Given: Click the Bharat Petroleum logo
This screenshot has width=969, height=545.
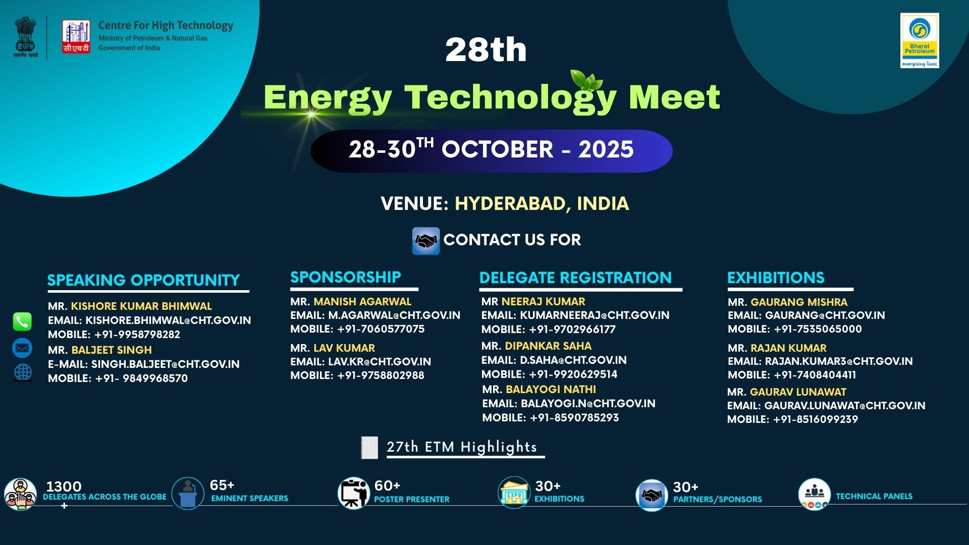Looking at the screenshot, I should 920,40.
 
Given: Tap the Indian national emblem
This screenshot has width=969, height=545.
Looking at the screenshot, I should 25,36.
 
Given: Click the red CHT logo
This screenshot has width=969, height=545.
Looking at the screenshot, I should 76,36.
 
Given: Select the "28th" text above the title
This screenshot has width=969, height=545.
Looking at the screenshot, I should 486,49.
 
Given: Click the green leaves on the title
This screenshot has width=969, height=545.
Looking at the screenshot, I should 586,80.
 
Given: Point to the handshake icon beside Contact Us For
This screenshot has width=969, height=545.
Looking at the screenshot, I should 425,241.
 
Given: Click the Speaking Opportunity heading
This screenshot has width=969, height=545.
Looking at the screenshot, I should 143,280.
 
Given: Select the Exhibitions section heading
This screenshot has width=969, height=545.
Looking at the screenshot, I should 776,278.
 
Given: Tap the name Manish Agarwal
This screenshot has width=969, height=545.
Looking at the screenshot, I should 362,302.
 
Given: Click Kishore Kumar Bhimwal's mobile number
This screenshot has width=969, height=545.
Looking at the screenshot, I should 137,335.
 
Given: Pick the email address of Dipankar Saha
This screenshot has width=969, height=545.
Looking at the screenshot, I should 573,360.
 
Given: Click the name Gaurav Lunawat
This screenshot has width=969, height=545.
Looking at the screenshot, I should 798,392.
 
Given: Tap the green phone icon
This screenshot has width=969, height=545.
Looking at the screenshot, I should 22,321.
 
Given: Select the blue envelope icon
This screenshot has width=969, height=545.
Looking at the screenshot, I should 22,348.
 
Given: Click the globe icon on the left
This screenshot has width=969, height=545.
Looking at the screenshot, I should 23,372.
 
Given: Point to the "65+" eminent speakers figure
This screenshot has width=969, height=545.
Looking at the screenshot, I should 222,485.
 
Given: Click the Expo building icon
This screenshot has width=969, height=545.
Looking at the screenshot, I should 514,492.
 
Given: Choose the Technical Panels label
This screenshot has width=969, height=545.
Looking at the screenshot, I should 874,497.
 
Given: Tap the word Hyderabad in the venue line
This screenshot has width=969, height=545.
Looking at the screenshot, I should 510,203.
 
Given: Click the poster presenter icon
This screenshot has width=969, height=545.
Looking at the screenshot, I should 353,493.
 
